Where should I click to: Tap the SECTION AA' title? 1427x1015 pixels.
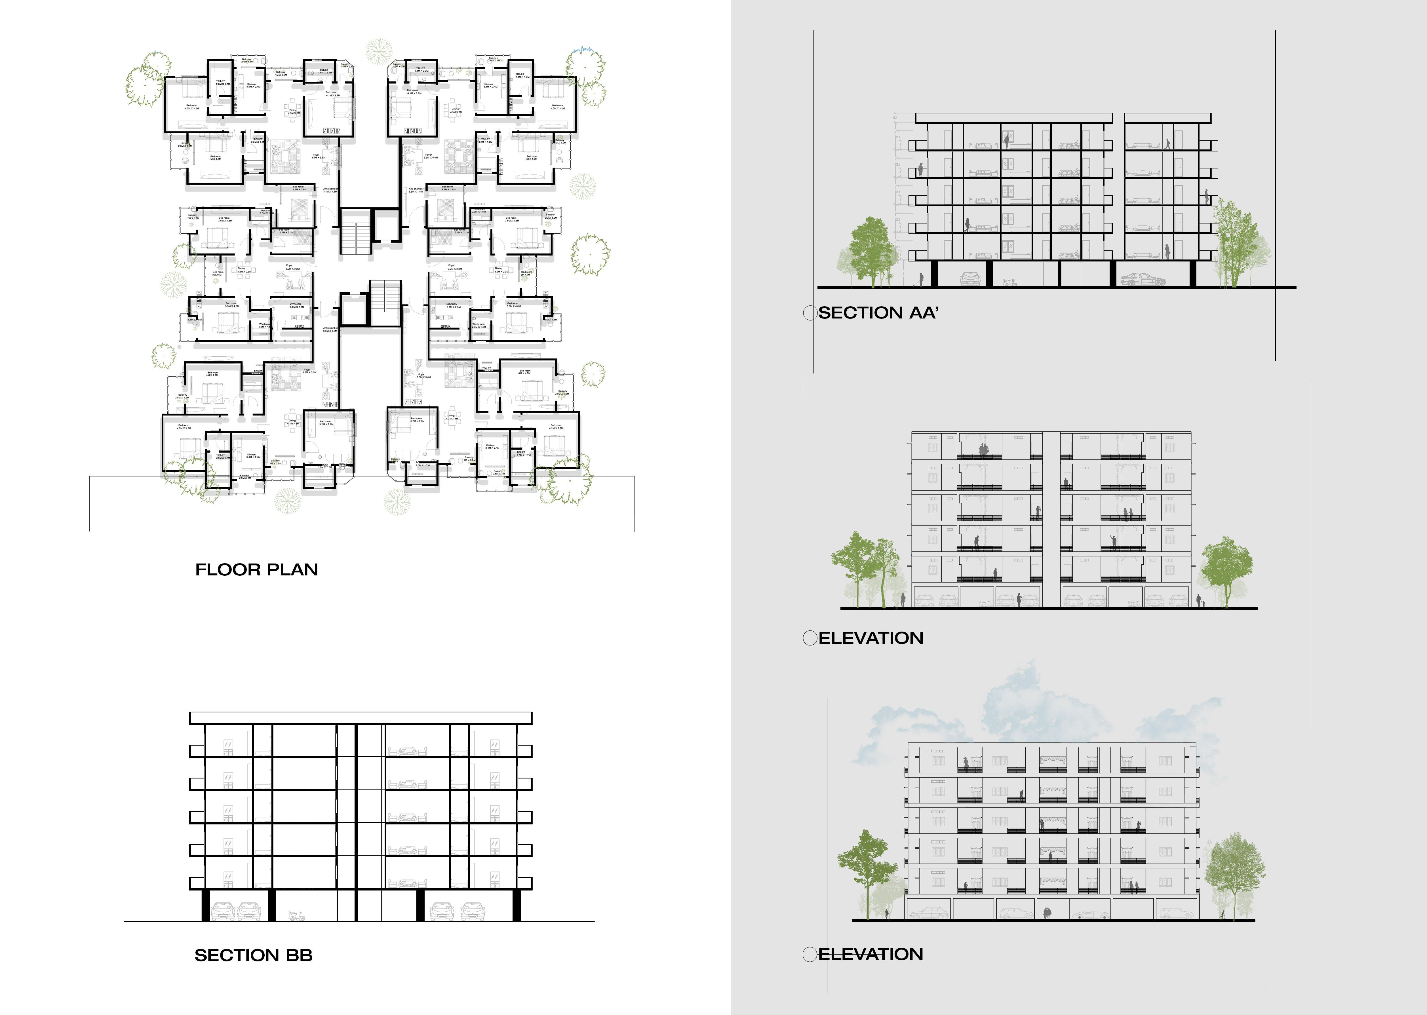pyautogui.click(x=878, y=313)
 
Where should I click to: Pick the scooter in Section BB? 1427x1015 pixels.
pyautogui.click(x=296, y=916)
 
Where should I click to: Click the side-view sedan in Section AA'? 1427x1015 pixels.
pyautogui.click(x=1143, y=279)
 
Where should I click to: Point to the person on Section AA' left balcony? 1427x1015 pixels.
pyautogui.click(x=921, y=170)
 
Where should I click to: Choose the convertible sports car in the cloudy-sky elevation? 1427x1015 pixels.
pyautogui.click(x=1087, y=914)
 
